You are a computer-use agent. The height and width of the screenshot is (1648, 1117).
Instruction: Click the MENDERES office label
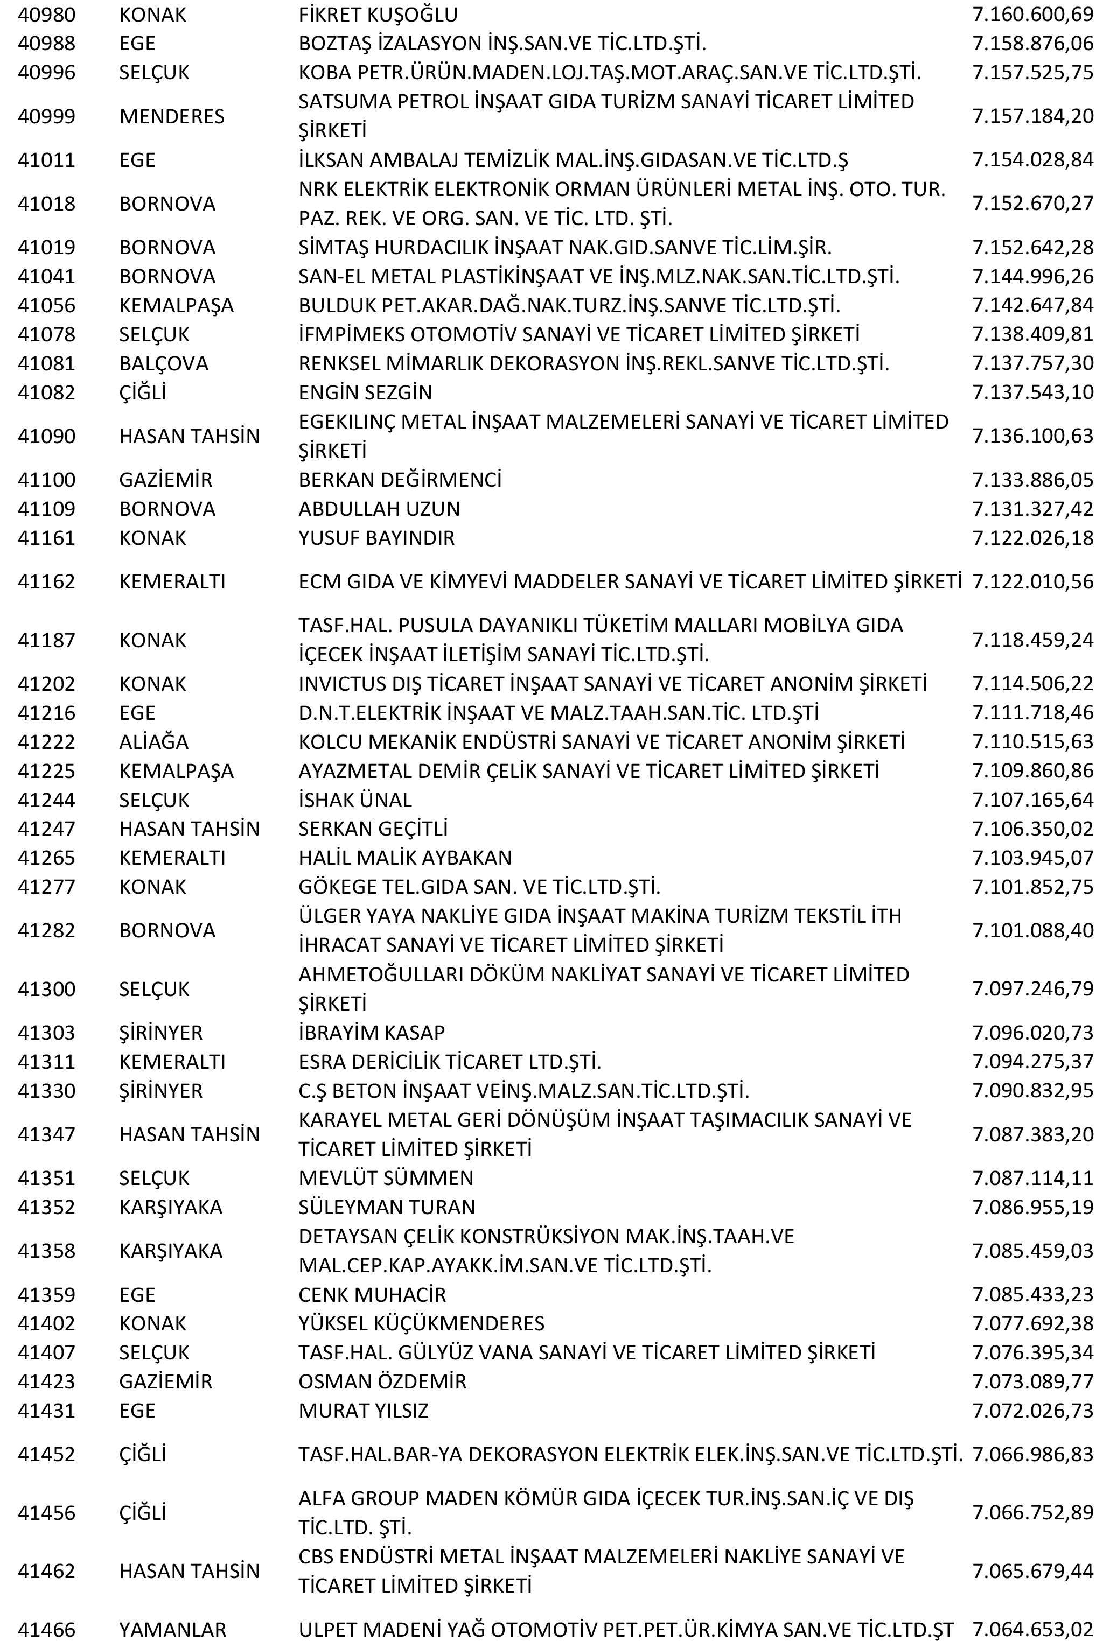click(172, 116)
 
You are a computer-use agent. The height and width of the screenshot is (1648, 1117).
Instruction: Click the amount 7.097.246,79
click(1032, 989)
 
